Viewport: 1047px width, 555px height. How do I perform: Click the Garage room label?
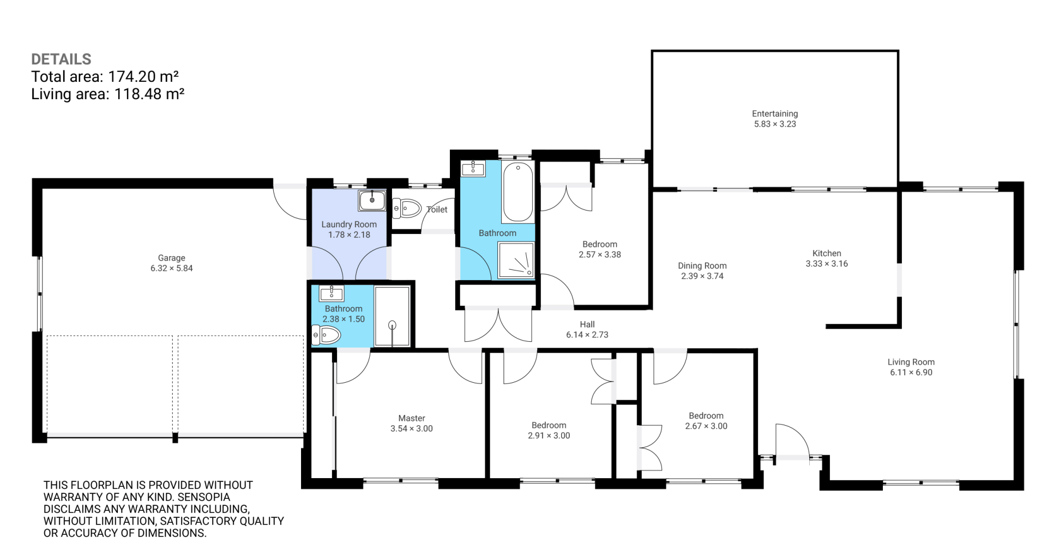(172, 258)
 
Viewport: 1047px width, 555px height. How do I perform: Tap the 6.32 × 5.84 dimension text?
(172, 268)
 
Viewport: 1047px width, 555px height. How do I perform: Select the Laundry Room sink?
(372, 200)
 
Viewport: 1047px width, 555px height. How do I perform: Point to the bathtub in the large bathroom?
(518, 192)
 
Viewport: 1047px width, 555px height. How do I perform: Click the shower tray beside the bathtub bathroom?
(516, 260)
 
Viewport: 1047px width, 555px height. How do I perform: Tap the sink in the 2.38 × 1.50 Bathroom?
(332, 293)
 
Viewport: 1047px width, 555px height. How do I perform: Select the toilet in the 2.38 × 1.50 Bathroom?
(326, 335)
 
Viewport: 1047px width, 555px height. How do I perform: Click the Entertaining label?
(775, 113)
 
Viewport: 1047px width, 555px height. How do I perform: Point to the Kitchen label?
(827, 253)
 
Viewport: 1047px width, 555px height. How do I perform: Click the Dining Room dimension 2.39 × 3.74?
(702, 276)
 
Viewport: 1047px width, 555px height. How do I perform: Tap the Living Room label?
(911, 362)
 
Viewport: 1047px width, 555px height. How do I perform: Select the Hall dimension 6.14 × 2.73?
(587, 335)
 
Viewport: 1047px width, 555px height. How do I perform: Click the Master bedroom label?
(412, 418)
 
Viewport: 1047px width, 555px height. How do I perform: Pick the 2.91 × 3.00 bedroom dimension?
(549, 436)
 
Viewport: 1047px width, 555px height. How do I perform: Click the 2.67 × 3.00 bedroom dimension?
(706, 426)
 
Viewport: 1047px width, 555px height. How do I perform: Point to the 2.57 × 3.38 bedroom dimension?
(600, 255)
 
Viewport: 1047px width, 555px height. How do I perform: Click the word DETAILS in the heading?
(61, 59)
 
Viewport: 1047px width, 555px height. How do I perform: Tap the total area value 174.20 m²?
(143, 76)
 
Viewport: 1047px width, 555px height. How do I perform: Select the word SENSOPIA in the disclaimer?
(204, 497)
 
